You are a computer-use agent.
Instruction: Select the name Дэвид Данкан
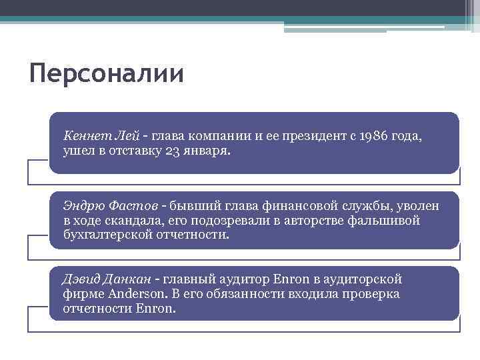tap(107, 279)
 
